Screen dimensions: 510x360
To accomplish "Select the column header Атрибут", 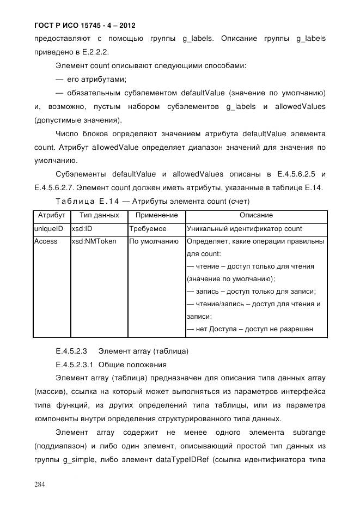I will click(51, 216).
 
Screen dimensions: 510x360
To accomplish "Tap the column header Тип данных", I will click(99, 216).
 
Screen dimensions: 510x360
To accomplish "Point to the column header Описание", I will click(255, 216).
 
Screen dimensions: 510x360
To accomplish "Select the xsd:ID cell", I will click(82, 228).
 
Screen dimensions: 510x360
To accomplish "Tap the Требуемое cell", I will click(148, 228).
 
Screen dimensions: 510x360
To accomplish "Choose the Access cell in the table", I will click(46, 241).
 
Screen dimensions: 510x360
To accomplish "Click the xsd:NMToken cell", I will click(94, 241).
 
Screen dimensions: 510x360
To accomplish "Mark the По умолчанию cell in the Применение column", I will click(154, 241).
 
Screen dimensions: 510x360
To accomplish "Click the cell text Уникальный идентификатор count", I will click(244, 228).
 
